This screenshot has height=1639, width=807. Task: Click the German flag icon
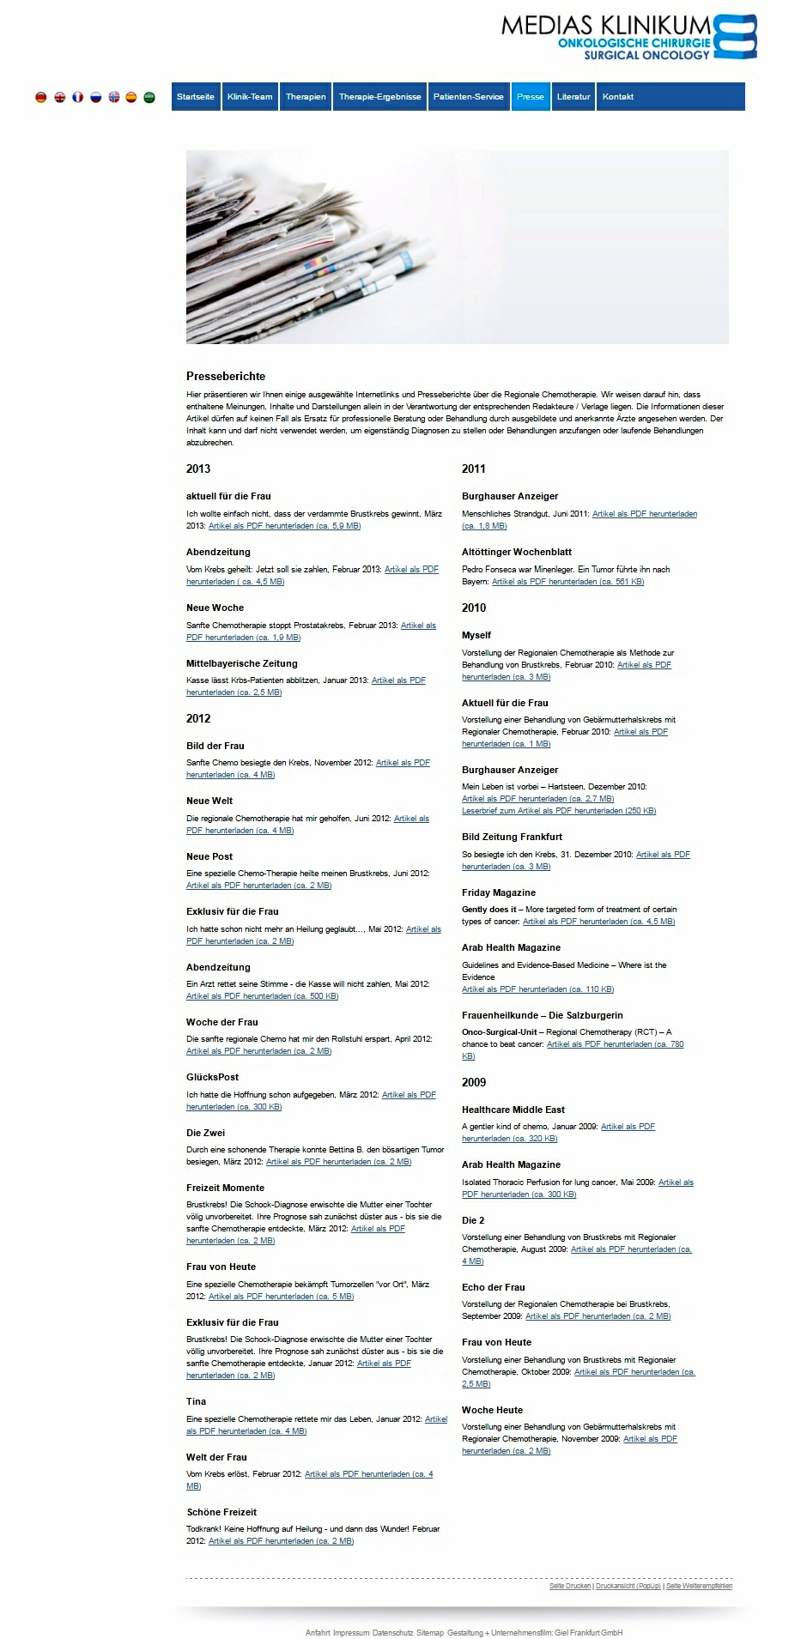(x=41, y=98)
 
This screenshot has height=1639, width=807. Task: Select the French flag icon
(x=77, y=98)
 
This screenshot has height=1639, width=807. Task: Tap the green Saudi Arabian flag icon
(x=149, y=98)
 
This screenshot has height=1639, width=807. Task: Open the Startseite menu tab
(x=196, y=97)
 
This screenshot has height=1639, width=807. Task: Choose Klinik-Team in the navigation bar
(x=250, y=97)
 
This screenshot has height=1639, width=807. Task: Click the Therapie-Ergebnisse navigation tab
(x=379, y=97)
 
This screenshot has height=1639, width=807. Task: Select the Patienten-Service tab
(x=468, y=97)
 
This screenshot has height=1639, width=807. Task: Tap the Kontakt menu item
(x=618, y=97)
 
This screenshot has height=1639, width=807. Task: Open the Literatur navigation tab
(x=573, y=97)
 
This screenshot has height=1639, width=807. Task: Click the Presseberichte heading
(x=226, y=376)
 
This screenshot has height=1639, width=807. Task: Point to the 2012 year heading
(x=198, y=718)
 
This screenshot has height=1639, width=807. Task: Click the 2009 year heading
(x=474, y=1082)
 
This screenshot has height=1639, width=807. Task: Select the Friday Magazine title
(x=499, y=892)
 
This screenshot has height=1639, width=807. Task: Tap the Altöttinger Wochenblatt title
(x=517, y=552)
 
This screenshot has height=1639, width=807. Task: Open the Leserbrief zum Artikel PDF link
(x=559, y=811)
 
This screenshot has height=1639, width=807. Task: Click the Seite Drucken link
(x=570, y=1586)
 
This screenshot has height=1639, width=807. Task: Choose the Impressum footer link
(x=351, y=1633)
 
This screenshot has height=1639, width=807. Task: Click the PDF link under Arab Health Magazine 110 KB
(x=537, y=989)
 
